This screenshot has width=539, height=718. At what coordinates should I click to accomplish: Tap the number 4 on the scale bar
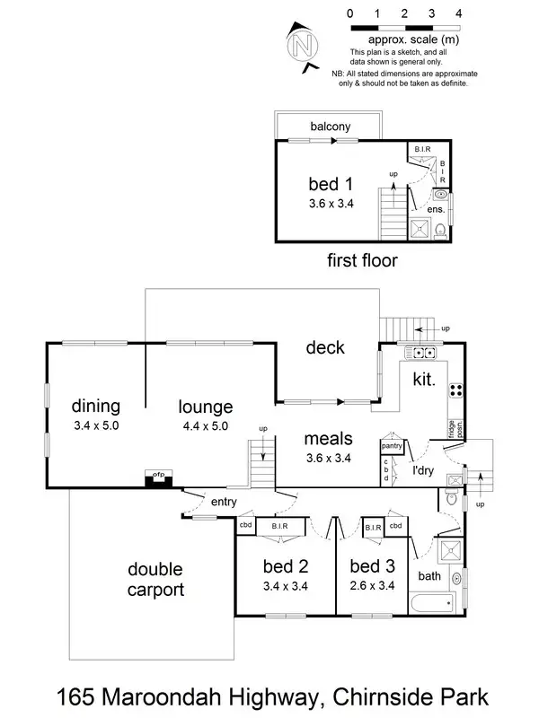pos(459,13)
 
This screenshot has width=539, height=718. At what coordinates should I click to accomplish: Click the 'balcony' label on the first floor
pos(330,127)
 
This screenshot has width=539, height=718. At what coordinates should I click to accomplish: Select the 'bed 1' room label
pos(330,184)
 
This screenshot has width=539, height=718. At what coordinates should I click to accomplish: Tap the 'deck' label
pos(324,347)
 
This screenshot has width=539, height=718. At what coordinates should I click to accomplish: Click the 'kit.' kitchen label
pos(423,380)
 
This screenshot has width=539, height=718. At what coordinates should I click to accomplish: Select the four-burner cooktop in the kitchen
pos(455,390)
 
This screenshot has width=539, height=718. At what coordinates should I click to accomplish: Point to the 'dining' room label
pos(96,406)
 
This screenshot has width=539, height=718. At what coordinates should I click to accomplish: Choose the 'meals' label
pos(327,439)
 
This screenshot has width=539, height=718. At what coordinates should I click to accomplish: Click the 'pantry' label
pos(391,445)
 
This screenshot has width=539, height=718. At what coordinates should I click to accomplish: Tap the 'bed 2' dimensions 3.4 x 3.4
pos(286,587)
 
